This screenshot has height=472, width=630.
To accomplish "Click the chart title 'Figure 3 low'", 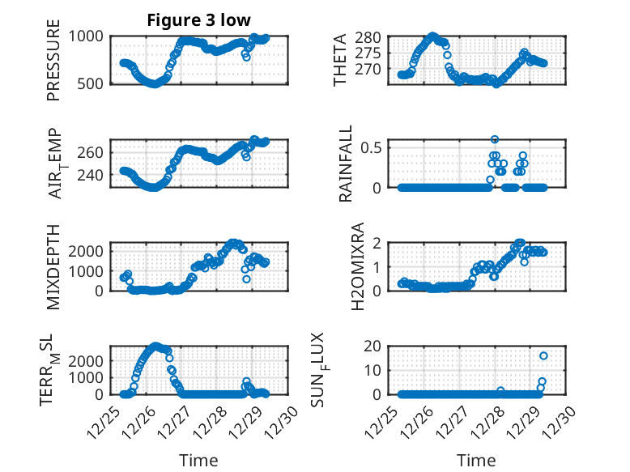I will click(x=198, y=19).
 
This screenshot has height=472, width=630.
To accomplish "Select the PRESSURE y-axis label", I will click(x=53, y=66).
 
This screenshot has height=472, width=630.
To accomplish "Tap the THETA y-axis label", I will click(x=341, y=61).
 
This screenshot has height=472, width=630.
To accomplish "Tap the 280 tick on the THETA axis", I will click(x=368, y=38).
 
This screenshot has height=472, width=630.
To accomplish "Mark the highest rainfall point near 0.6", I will click(x=495, y=139).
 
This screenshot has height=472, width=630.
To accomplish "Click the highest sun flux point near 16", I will click(x=543, y=355).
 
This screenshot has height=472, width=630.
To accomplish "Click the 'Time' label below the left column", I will click(x=198, y=460).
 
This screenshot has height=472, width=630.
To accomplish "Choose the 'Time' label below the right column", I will click(x=477, y=460).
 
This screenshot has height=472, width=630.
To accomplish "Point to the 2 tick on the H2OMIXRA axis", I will click(x=377, y=243).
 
